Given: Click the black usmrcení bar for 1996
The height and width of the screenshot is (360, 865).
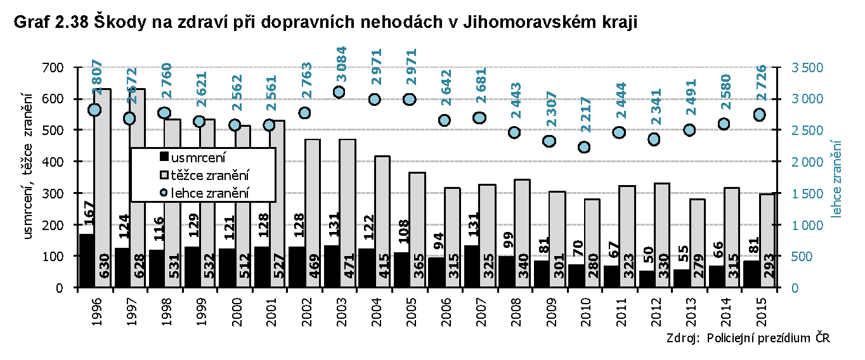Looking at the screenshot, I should point(87,260).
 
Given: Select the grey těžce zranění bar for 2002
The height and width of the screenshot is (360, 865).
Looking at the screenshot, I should point(312,212).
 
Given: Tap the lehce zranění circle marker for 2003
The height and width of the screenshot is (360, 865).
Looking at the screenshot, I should point(339,92).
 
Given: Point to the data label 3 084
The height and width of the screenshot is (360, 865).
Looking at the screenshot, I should point(342,64).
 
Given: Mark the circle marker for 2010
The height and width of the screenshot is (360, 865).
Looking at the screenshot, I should point(584,147).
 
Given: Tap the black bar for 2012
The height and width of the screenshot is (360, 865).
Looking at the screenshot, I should point(646,279).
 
